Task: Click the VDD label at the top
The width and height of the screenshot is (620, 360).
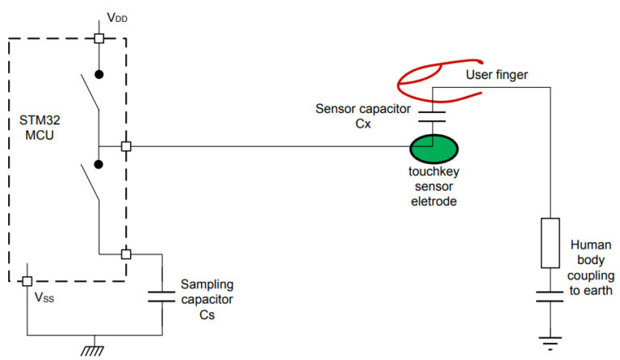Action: click(116, 17)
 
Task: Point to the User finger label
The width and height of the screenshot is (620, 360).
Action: click(496, 75)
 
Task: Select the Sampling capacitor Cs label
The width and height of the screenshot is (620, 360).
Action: click(207, 299)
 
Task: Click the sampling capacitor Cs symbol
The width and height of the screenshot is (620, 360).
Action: click(162, 294)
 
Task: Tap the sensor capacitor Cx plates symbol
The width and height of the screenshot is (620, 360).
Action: click(434, 115)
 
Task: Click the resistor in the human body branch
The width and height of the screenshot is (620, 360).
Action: click(551, 242)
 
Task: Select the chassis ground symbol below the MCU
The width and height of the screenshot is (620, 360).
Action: click(94, 350)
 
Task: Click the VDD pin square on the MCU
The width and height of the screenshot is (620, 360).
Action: click(98, 38)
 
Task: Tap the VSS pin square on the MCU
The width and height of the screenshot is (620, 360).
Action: click(26, 281)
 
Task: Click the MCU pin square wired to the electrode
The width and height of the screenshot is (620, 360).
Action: click(125, 146)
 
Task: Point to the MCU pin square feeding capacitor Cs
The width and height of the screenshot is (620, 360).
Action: click(125, 253)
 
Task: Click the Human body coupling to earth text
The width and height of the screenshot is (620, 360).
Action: click(590, 267)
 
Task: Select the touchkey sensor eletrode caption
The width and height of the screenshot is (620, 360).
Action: click(434, 187)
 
